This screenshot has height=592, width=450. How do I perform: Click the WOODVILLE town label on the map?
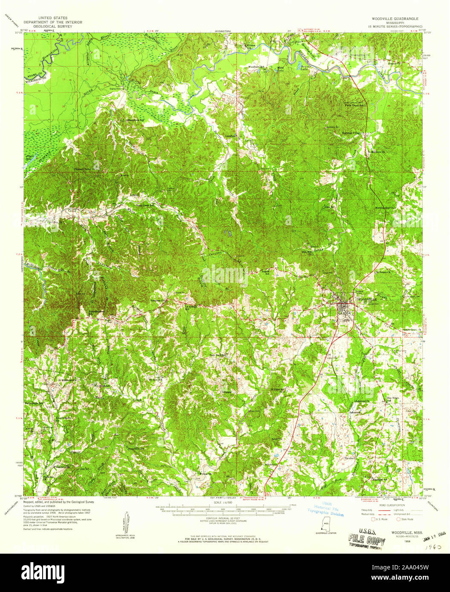coord(366,299)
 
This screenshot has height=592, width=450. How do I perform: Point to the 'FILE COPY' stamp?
coord(360,539)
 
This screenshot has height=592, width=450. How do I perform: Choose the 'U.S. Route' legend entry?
coord(379,519)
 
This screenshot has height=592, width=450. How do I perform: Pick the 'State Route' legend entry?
coord(407,519)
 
